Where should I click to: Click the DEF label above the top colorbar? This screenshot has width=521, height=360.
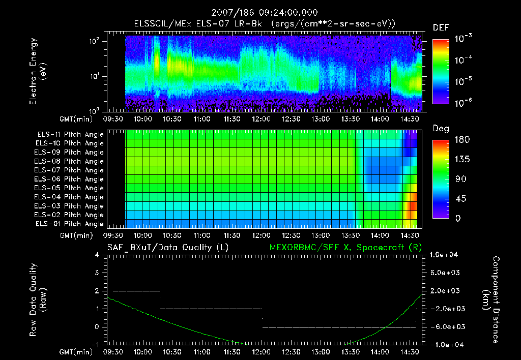point(441,28)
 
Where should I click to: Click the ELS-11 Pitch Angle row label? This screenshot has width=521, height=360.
point(69,135)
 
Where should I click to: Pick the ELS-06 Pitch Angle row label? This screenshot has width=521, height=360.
point(69,179)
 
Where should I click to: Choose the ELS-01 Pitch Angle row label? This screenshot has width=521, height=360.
point(69,224)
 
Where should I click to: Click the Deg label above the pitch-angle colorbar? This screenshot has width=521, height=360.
point(441,129)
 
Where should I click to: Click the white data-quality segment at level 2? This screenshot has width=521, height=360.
point(136,291)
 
